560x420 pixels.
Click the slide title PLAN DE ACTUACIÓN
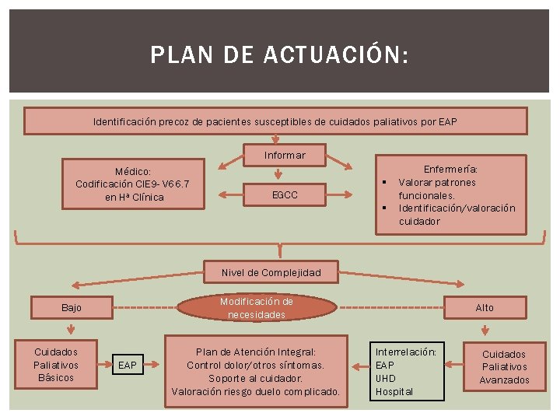[278, 54]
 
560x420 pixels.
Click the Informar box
[285, 156]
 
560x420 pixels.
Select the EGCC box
[285, 194]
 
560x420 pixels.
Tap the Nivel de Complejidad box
[271, 272]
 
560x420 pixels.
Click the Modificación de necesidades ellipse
[257, 308]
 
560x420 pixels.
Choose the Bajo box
[71, 308]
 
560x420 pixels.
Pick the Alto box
[485, 308]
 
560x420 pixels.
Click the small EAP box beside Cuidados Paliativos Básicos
[127, 365]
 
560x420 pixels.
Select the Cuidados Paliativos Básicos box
[56, 365]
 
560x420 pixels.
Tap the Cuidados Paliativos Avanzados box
[504, 367]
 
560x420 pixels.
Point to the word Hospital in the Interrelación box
[394, 391]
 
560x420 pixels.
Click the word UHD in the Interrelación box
[386, 378]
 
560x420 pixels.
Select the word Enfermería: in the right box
[450, 169]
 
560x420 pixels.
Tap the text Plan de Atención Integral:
[256, 352]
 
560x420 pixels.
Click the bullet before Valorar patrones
[386, 184]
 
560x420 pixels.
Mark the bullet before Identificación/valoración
[386, 208]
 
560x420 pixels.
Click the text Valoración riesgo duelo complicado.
[256, 391]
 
